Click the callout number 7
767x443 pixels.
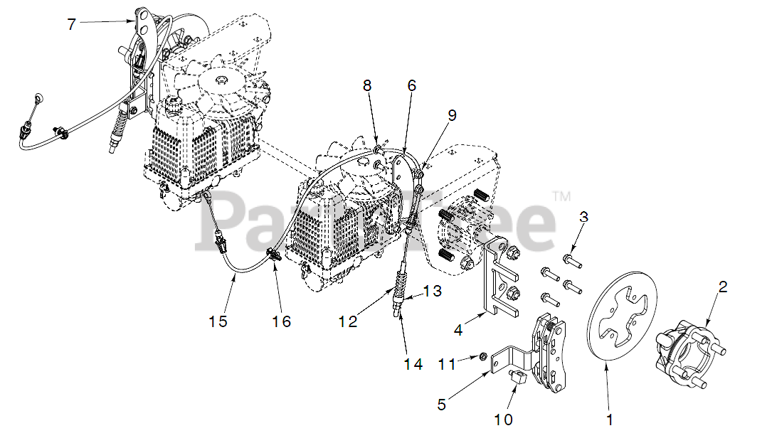[71, 24]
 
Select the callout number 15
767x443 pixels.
[218, 321]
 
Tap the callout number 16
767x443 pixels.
[282, 321]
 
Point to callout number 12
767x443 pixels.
[348, 321]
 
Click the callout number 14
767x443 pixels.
[413, 364]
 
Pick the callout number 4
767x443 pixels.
[459, 330]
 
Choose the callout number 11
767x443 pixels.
[446, 364]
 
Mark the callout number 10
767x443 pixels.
[503, 420]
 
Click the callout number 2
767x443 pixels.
[723, 287]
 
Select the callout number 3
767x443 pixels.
[583, 217]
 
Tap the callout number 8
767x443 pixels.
[367, 86]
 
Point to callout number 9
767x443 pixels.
[453, 115]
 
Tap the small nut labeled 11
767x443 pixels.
[483, 355]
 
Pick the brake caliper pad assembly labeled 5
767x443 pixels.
[552, 353]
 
